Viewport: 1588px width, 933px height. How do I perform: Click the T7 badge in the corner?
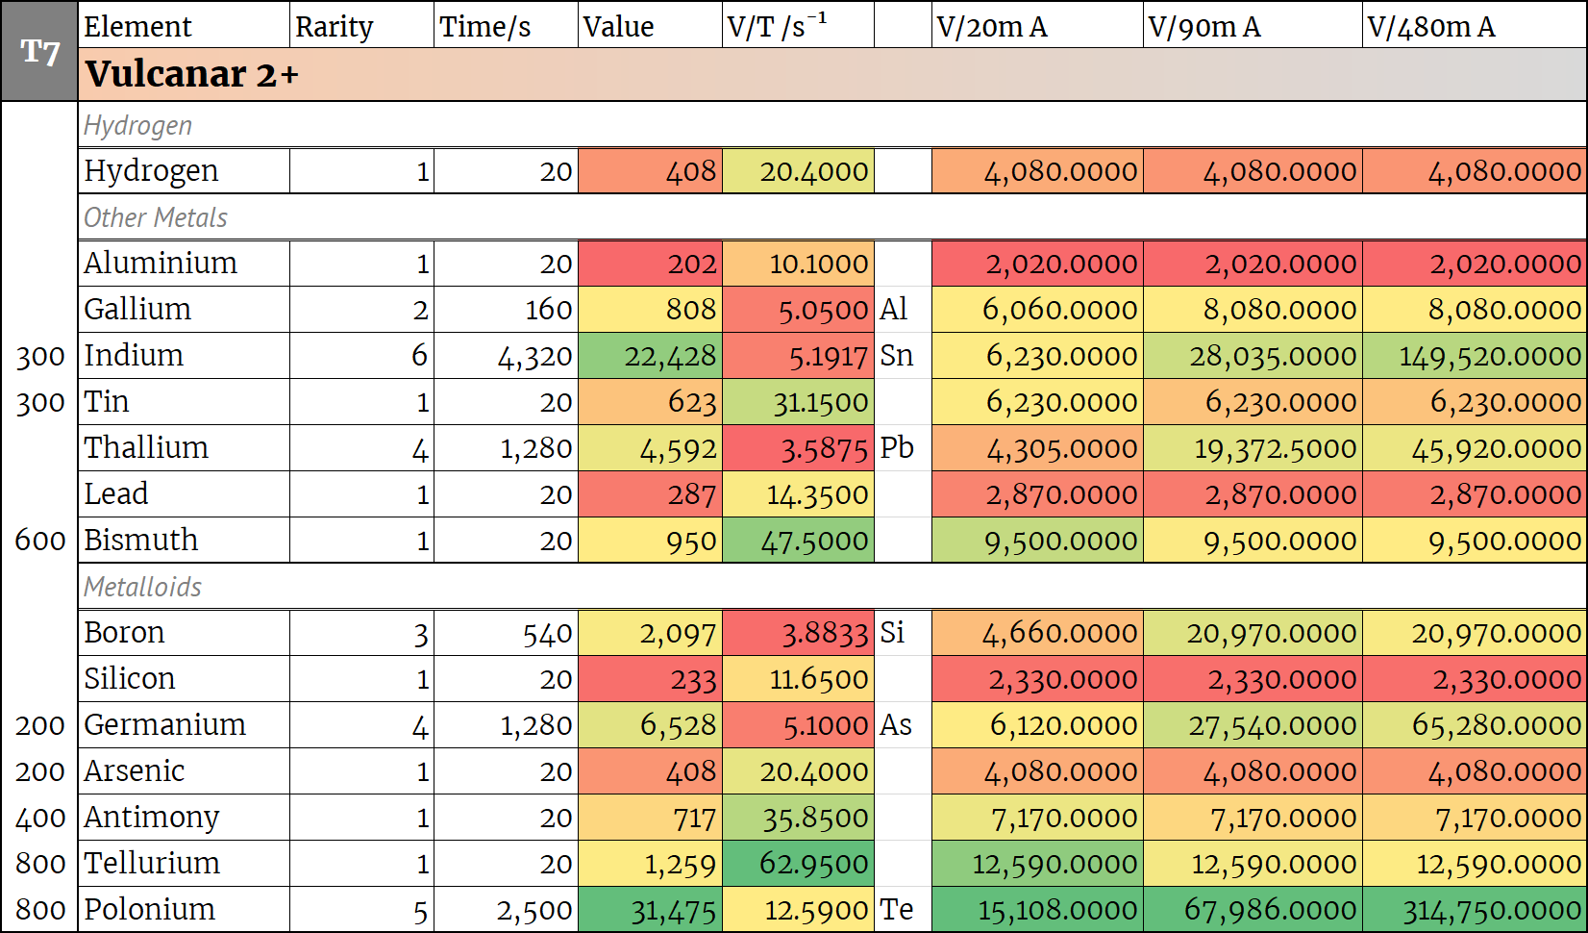click(39, 51)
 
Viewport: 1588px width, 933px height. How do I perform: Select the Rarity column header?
click(334, 26)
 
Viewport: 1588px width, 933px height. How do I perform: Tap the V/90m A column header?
click(1203, 26)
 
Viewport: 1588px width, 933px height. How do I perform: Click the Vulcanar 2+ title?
click(191, 74)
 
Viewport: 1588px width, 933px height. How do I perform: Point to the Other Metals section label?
click(156, 217)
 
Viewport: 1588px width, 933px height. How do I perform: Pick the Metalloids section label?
click(142, 587)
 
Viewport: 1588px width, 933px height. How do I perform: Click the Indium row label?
click(134, 355)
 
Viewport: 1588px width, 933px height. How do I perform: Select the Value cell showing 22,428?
click(669, 356)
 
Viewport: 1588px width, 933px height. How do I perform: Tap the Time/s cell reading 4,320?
click(533, 356)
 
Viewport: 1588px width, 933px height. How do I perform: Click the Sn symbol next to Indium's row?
click(896, 355)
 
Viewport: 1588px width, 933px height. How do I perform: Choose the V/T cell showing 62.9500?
click(813, 864)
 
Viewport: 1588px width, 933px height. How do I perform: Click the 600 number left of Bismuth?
click(39, 540)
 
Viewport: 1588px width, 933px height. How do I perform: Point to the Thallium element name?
click(146, 447)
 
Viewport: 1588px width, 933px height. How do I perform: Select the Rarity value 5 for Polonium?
click(419, 910)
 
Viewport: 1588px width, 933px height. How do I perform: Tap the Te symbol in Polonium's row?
click(896, 909)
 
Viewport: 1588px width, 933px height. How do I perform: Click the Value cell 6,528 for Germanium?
click(678, 725)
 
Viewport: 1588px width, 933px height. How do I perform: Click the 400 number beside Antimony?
click(39, 818)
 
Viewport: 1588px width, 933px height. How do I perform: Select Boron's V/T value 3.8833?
click(824, 633)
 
